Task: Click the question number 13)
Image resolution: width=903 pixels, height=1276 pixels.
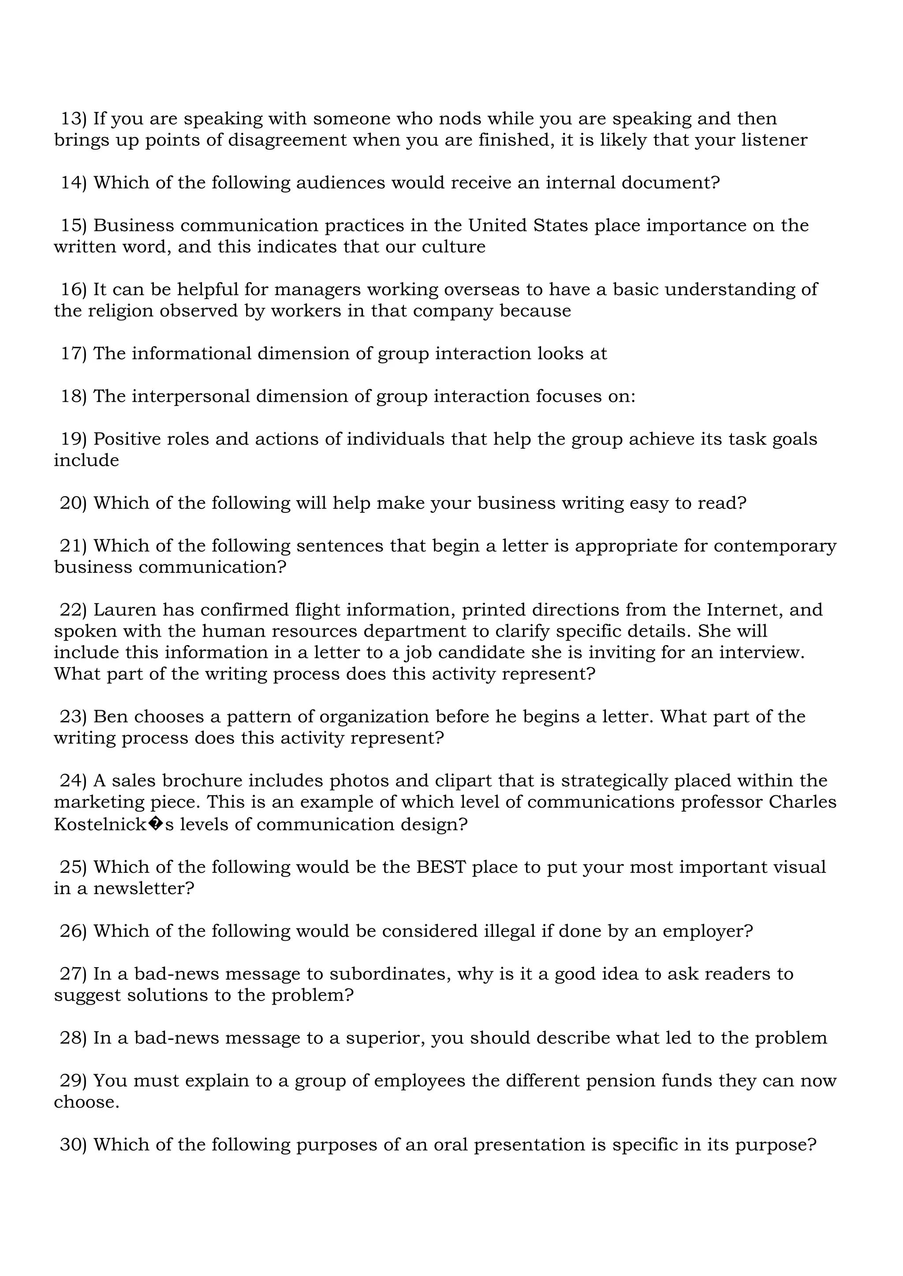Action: pos(73,119)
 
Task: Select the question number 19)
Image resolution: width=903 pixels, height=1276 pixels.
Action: pos(73,439)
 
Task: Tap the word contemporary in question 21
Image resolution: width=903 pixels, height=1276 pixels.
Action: pos(775,546)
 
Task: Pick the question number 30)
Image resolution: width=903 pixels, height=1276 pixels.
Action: pos(73,1145)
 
